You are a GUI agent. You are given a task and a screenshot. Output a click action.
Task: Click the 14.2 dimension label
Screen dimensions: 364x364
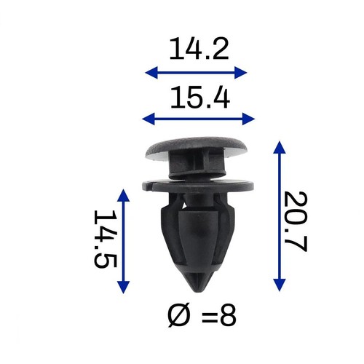199,49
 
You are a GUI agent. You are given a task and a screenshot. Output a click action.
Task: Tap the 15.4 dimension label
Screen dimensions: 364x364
200,98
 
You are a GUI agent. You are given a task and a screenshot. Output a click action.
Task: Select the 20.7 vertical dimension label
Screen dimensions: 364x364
296,221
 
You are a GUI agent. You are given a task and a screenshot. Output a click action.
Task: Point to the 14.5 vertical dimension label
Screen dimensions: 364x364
106,239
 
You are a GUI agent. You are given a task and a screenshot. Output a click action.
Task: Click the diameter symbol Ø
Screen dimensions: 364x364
178,316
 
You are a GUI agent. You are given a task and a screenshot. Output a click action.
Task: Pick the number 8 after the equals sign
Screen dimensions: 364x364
228,316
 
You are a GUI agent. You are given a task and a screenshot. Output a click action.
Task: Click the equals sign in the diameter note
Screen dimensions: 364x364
210,317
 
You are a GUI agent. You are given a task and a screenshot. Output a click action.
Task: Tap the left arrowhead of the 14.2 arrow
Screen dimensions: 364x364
151,73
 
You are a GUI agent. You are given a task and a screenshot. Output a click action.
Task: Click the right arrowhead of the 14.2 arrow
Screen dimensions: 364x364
241,73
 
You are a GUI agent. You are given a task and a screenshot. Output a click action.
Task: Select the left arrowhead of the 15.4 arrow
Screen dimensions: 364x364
149,119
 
